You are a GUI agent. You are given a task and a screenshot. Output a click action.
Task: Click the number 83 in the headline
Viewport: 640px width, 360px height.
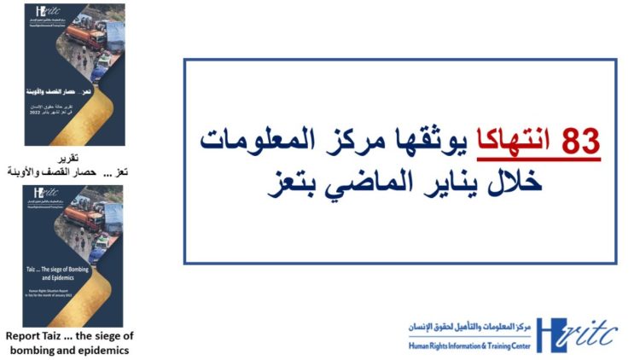click(580, 142)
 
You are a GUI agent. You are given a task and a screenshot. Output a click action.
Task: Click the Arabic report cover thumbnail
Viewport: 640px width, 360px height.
click(75, 74)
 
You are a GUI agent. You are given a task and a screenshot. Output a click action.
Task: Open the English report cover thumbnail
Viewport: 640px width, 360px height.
click(75, 255)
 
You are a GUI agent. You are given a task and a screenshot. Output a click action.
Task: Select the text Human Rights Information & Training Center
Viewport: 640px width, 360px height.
click(470, 346)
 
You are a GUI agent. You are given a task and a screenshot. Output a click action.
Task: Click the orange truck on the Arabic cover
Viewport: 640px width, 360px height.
click(81, 34)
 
